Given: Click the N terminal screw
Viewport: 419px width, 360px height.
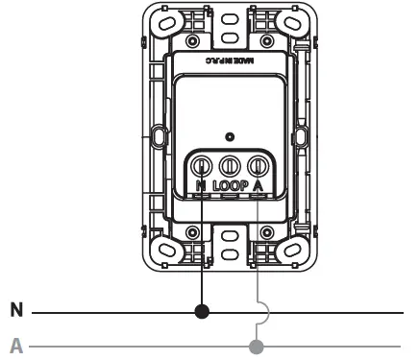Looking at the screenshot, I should click(203, 163).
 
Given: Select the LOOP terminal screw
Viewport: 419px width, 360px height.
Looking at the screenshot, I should click(230, 163).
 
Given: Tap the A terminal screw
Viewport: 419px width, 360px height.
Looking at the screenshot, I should click(257, 163).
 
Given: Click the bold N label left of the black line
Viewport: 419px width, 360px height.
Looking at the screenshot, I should click(15, 311).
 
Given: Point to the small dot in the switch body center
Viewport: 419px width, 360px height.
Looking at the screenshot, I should click(229, 136).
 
